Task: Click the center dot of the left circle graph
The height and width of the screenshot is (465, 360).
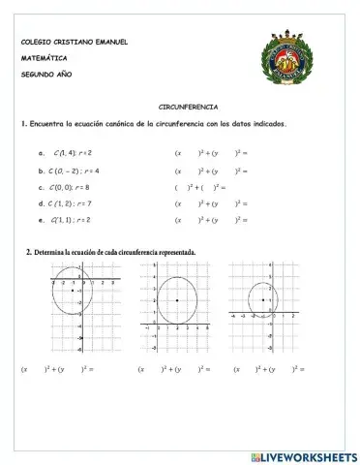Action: (x=74, y=290)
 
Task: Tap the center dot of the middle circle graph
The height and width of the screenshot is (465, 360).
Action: (x=177, y=300)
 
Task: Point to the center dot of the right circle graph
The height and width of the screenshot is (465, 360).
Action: (x=263, y=300)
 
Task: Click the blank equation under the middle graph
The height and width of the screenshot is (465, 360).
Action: (x=177, y=369)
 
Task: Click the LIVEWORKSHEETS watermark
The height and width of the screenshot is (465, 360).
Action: (x=303, y=456)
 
